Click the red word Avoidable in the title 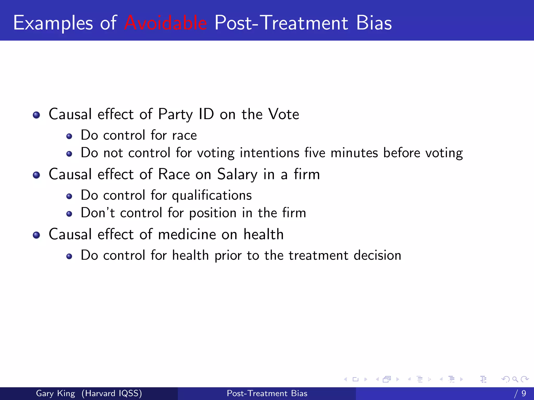[x=166, y=23]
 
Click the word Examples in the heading [x=53, y=23]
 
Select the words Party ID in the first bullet [x=186, y=114]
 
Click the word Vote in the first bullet [x=284, y=114]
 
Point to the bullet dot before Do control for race [x=69, y=136]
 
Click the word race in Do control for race [x=184, y=135]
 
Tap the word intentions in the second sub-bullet [x=269, y=153]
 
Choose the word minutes [x=354, y=153]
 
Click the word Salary [x=237, y=174]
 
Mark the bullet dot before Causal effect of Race [x=37, y=175]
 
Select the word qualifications [x=212, y=195]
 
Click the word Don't [x=98, y=213]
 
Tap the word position [x=213, y=213]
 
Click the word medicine [x=187, y=234]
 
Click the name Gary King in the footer [x=55, y=393]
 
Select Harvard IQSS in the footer [x=112, y=393]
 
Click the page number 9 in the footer [x=524, y=393]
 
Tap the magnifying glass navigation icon [x=515, y=379]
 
